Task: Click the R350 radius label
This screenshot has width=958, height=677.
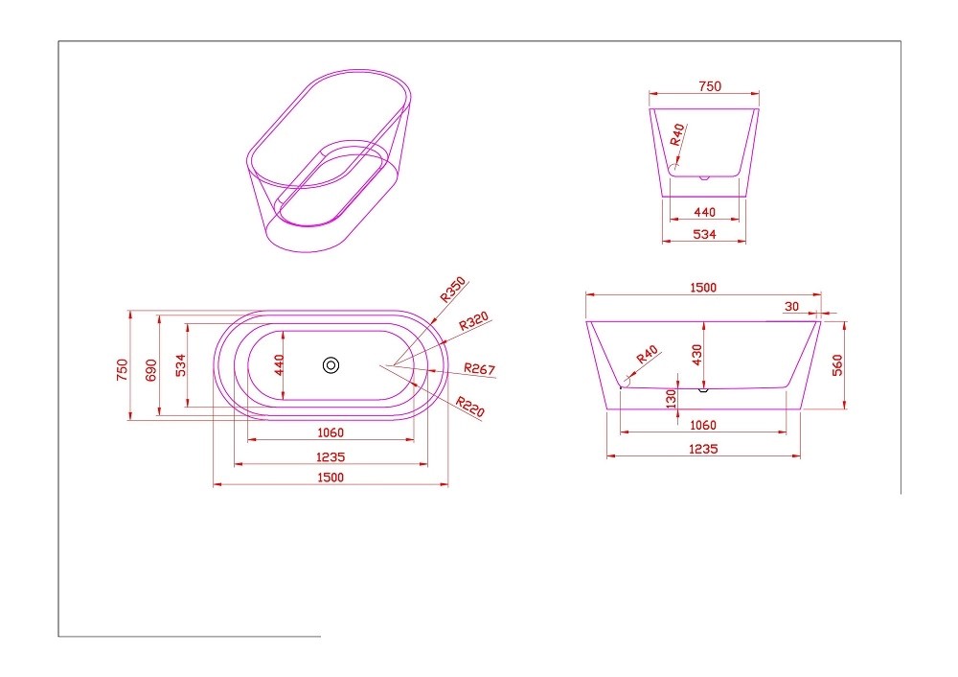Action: (453, 290)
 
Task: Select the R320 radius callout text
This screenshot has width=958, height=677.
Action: (474, 320)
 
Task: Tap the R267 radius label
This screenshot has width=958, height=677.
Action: (480, 369)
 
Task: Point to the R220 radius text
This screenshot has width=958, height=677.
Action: (469, 407)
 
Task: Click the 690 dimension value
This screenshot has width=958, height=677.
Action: (151, 370)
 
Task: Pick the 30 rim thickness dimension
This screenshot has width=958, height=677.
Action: (791, 307)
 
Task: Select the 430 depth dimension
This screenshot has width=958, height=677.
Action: (697, 355)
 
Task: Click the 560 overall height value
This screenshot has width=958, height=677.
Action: (837, 365)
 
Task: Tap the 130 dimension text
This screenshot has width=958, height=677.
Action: (672, 399)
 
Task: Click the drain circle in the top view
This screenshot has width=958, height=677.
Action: (331, 365)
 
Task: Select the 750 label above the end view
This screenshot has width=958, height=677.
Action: (710, 86)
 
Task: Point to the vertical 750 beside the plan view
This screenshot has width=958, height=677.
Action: (123, 370)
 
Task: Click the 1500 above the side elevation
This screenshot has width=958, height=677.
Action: (703, 288)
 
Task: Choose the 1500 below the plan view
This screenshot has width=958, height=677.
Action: (331, 477)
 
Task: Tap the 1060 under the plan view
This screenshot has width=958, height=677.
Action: (331, 432)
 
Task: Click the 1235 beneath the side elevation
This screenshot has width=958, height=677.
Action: (703, 449)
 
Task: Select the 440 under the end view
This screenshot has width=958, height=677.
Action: (704, 212)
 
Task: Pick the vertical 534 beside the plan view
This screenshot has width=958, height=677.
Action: (180, 365)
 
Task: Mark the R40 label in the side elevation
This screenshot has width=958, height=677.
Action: (647, 354)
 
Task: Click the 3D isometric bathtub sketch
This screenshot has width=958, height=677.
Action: (330, 160)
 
